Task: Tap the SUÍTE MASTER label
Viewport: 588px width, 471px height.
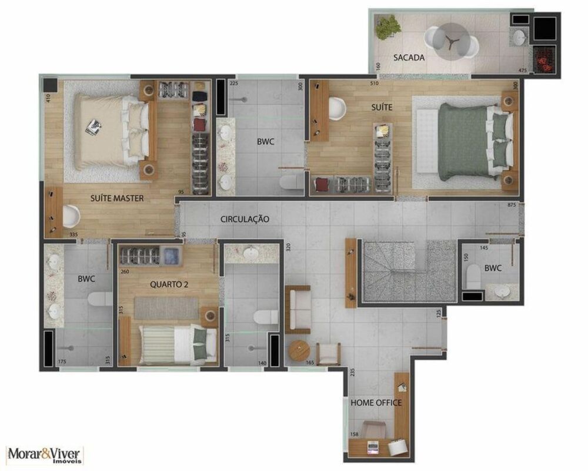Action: [117, 198]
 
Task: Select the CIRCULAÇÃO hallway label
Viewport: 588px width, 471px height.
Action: [245, 219]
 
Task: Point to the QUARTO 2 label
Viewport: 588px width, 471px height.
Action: [169, 284]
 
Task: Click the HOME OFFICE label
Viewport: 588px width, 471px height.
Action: [376, 403]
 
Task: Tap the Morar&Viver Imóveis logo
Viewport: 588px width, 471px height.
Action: [45, 455]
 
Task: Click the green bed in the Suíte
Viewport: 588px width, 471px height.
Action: [467, 141]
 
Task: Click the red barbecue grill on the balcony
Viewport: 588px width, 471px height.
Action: [543, 59]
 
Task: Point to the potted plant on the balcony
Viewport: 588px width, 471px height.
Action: [387, 26]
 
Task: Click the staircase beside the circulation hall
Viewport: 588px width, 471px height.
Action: [406, 271]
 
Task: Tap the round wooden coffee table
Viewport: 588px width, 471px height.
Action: [298, 351]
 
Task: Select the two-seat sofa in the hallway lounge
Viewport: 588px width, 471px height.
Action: [297, 309]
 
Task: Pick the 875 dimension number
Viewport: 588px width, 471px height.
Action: [511, 205]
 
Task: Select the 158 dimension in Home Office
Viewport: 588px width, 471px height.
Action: [354, 435]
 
